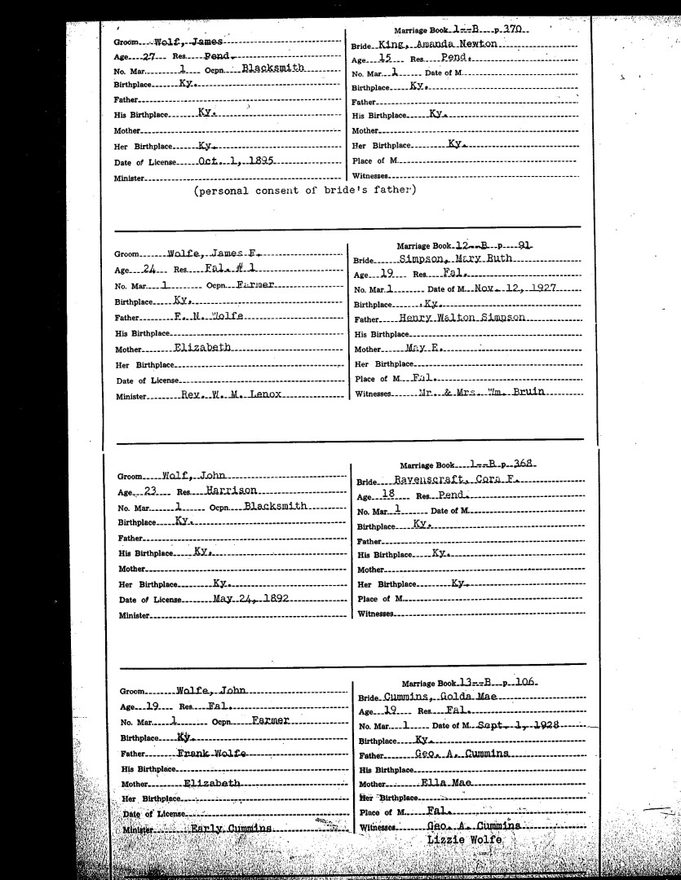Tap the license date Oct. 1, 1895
click(237, 161)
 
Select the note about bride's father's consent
click(305, 191)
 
